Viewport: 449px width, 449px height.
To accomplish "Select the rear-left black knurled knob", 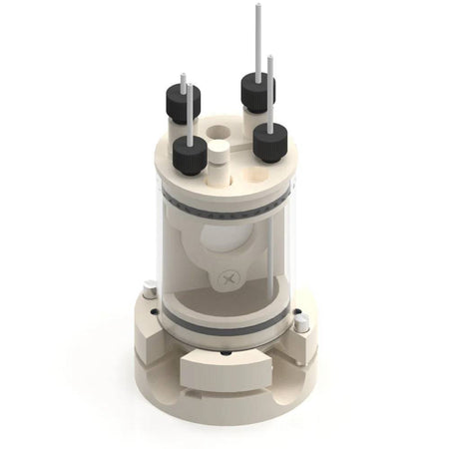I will tap(183, 102).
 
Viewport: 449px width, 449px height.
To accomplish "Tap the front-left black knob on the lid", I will tap(190, 155).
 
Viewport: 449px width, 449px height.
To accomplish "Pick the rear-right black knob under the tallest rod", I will tap(257, 94).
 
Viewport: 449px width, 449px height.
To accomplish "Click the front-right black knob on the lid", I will tap(270, 141).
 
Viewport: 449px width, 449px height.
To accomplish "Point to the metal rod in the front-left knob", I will tap(189, 119).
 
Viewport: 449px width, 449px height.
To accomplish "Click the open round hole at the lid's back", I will tap(219, 129).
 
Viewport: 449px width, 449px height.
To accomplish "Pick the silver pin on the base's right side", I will tap(302, 322).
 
